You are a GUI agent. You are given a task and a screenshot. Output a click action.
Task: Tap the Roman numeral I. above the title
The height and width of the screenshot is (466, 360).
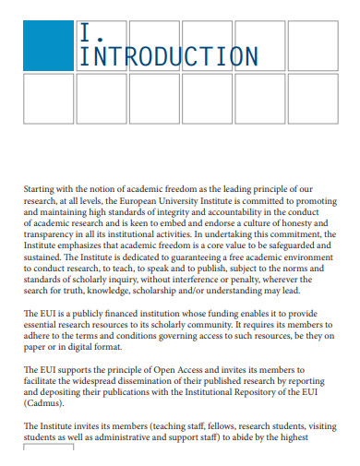pyautogui.click(x=87, y=35)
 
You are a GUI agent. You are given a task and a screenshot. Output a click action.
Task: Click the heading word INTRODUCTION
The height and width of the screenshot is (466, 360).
pyautogui.click(x=169, y=57)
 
